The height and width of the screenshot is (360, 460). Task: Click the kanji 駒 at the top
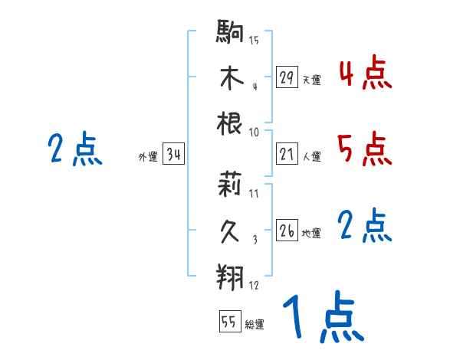click(x=230, y=33)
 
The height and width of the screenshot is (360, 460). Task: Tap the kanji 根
click(x=230, y=123)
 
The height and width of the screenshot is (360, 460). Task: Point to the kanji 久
click(x=230, y=230)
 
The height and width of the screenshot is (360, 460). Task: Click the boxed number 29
click(x=287, y=77)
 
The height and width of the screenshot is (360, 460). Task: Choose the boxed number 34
click(x=173, y=155)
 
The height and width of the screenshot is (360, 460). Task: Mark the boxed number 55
click(x=229, y=322)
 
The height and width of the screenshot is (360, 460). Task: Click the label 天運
click(x=311, y=80)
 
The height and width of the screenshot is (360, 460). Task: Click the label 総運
click(x=255, y=325)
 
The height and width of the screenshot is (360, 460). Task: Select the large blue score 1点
click(x=322, y=318)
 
